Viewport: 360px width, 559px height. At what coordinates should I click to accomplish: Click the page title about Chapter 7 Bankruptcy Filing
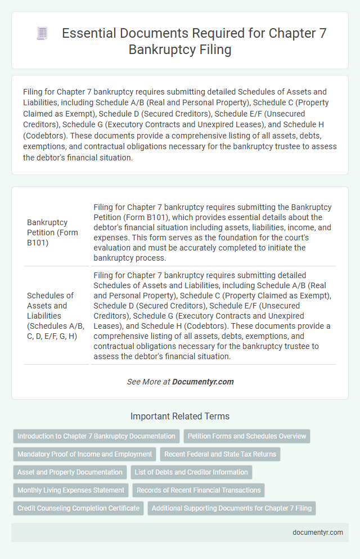(x=194, y=41)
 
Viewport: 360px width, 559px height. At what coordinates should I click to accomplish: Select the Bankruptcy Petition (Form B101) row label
(x=52, y=233)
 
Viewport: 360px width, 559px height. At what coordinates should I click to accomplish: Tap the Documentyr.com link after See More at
(x=202, y=382)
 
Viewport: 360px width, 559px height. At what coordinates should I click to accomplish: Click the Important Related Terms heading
(x=180, y=417)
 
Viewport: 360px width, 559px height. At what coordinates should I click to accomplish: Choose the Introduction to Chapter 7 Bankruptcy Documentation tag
(x=96, y=436)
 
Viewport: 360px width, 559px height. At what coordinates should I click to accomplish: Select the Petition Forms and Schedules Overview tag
(x=247, y=436)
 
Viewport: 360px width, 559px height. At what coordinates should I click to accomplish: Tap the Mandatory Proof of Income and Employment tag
(x=84, y=454)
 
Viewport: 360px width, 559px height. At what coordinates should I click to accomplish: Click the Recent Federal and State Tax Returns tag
(x=220, y=454)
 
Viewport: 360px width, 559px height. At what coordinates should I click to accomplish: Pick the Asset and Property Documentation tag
(x=70, y=472)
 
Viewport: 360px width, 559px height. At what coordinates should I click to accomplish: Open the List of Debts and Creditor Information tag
(x=191, y=472)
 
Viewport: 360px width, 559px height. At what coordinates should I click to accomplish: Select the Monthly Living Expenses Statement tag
(x=71, y=490)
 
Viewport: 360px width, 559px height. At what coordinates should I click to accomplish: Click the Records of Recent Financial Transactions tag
(x=199, y=490)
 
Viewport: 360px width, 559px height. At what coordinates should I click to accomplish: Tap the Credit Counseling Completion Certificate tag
(x=78, y=508)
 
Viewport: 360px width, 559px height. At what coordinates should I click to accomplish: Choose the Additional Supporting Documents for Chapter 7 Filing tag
(x=231, y=508)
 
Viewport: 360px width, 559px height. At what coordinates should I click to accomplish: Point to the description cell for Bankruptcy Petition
(x=213, y=233)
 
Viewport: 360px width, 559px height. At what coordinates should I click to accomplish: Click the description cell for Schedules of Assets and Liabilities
(x=213, y=316)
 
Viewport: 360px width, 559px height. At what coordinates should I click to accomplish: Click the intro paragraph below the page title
(x=180, y=125)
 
